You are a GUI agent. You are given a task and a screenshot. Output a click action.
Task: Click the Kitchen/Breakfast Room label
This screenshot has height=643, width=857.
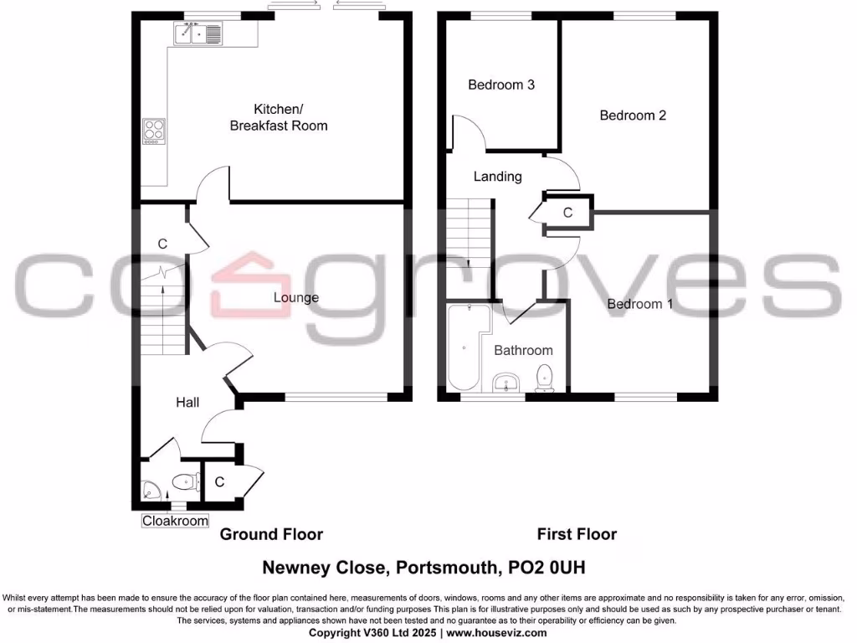(279, 117)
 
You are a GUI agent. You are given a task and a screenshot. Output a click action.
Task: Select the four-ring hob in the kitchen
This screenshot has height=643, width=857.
(154, 131)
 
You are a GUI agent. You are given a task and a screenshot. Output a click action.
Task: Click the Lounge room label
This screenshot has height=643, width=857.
(296, 297)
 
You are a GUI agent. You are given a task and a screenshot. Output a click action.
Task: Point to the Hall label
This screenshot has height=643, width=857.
(187, 403)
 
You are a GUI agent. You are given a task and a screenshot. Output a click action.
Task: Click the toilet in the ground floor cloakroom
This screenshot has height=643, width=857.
(184, 481)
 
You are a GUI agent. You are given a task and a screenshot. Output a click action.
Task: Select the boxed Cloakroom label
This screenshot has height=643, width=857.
(175, 521)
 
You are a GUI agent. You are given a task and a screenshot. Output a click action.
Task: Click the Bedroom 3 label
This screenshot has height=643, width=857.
(501, 85)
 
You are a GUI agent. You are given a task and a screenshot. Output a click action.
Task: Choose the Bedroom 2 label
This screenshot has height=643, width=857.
(633, 116)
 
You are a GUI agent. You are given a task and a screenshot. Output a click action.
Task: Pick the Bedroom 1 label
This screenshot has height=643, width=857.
(639, 304)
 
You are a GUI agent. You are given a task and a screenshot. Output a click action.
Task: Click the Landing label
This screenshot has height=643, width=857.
(497, 177)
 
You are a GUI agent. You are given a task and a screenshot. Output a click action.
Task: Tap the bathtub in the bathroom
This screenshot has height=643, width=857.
(462, 347)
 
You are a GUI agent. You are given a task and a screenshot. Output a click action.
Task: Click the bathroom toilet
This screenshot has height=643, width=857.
(545, 378)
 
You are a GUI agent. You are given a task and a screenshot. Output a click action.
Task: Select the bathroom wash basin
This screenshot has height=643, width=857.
(503, 383)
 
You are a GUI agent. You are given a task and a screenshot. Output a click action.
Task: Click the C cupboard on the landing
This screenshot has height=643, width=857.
(567, 213)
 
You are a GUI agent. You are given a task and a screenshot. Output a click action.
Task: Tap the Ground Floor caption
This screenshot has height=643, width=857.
(271, 534)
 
